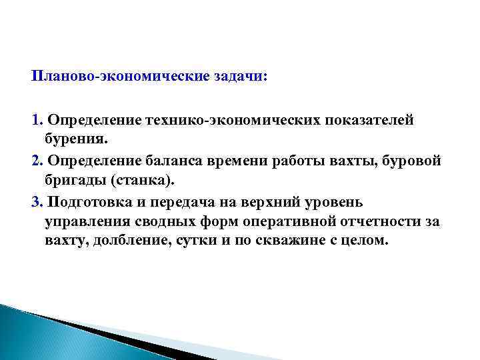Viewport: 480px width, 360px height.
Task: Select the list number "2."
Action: click(37, 162)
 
